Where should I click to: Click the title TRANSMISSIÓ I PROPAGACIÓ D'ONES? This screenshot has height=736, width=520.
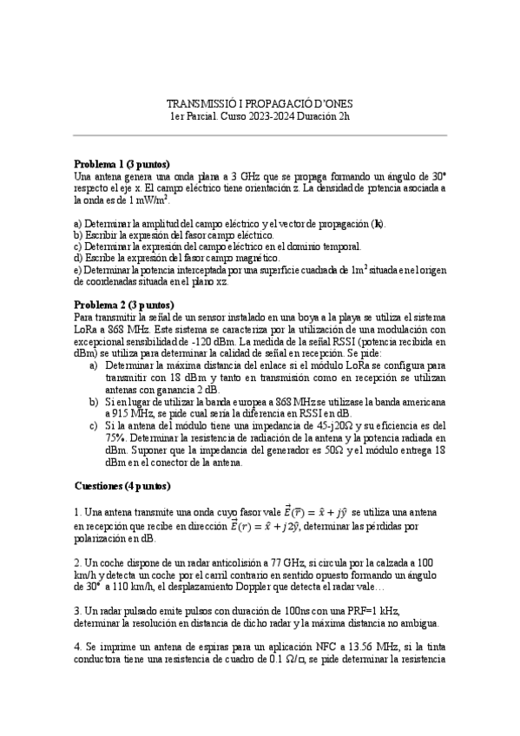(260, 102)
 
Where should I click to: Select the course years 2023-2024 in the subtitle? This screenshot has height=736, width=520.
(260, 115)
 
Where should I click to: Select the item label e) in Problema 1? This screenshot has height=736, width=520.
(77, 270)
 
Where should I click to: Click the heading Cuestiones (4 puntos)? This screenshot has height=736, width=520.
(122, 486)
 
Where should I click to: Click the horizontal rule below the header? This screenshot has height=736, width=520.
(260, 135)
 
